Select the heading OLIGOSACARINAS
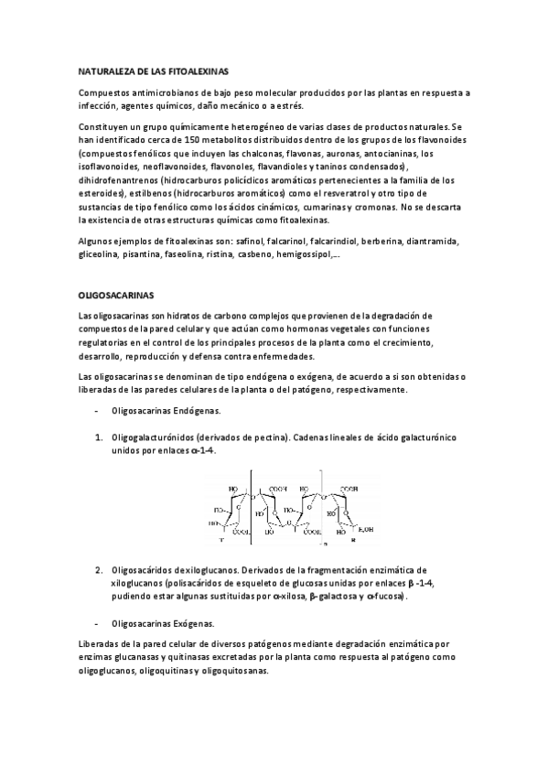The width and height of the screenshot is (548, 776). coord(116,296)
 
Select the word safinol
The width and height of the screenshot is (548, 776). coord(250,242)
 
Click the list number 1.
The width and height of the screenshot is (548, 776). coord(98,438)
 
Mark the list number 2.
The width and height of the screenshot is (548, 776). coord(98,570)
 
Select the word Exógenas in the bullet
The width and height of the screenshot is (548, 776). coord(189,623)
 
